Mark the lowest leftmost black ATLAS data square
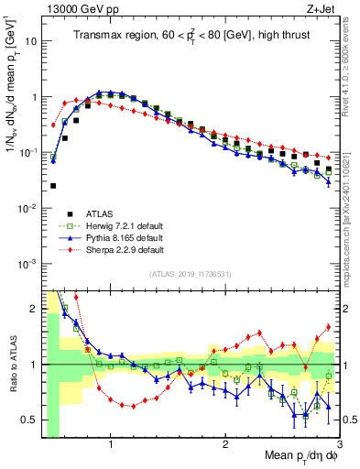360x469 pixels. click(x=53, y=185)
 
